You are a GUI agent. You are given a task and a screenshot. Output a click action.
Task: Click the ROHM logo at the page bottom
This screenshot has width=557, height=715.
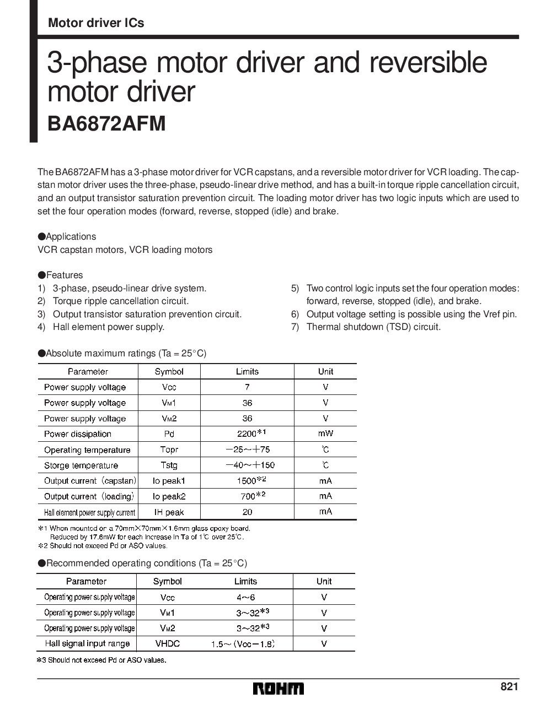278,689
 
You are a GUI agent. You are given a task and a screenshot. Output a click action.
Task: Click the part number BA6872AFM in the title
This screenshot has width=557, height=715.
107,123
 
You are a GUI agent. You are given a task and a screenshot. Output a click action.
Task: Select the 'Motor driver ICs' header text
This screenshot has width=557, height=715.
96,23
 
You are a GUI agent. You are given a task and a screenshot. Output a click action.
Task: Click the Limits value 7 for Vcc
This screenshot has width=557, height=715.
247,387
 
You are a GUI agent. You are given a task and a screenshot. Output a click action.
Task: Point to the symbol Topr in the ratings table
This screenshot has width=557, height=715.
169,449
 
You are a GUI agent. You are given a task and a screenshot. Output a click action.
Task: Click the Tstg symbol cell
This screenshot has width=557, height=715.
169,465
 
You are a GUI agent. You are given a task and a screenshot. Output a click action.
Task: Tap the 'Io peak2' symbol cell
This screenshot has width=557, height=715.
169,496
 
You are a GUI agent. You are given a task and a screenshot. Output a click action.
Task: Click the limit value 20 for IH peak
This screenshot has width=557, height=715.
247,512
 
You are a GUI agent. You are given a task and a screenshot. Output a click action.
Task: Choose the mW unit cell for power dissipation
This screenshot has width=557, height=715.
325,434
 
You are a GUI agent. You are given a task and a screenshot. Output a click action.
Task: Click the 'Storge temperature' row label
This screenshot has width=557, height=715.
81,465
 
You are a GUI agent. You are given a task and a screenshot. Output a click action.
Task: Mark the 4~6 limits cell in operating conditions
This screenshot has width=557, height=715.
245,597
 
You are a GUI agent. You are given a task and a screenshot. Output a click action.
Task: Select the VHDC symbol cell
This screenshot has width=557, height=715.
167,643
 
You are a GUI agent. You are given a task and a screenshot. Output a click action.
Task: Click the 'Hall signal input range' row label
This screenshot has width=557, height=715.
87,643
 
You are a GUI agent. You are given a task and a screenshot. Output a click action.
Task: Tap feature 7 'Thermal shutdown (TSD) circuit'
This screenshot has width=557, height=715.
373,327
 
